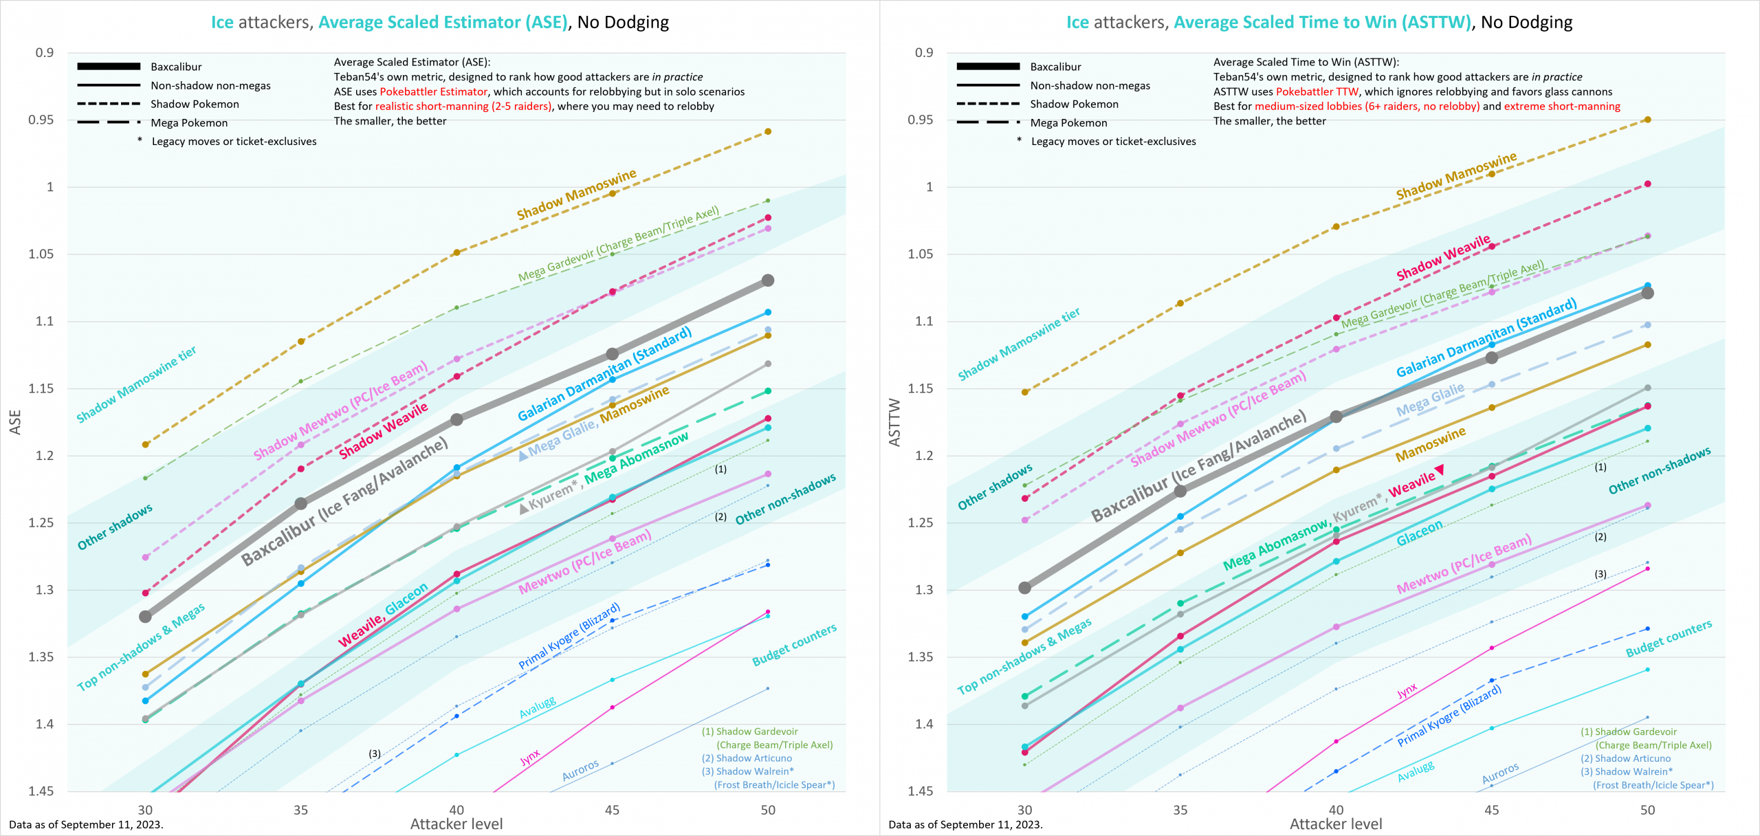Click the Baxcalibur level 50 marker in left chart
tap(768, 280)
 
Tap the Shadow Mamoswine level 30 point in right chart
tap(1025, 392)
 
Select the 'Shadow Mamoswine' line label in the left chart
tap(576, 195)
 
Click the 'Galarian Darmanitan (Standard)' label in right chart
tap(1486, 338)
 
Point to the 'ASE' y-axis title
tap(15, 422)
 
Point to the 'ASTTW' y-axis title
tap(894, 422)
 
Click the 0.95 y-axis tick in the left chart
tap(41, 120)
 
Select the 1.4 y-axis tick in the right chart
tap(924, 723)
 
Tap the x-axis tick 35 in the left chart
tap(300, 810)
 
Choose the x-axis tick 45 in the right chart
tap(1491, 810)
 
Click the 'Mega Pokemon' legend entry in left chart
tap(189, 123)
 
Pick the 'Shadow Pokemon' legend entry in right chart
tap(1074, 104)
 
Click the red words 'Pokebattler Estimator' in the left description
tap(433, 92)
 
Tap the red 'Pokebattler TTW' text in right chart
tap(1317, 92)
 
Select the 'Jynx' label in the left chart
tap(530, 758)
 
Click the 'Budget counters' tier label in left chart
tap(794, 645)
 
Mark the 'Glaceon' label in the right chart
tap(1419, 533)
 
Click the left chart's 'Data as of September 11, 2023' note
tap(86, 824)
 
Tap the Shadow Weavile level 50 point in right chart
tap(1647, 184)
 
